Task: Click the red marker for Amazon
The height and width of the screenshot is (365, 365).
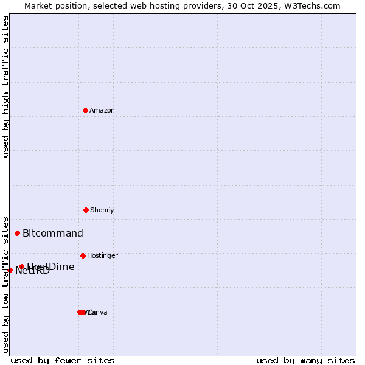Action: pyautogui.click(x=85, y=110)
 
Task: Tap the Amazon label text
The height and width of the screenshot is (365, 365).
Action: pyautogui.click(x=102, y=111)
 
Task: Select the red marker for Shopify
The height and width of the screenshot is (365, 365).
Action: pyautogui.click(x=86, y=210)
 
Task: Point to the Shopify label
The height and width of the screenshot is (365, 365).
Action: pyautogui.click(x=102, y=210)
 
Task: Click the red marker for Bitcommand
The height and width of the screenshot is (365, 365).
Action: pyautogui.click(x=17, y=233)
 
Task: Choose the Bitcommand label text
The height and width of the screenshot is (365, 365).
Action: pyautogui.click(x=53, y=234)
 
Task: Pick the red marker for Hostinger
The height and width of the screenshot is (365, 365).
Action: pyautogui.click(x=83, y=255)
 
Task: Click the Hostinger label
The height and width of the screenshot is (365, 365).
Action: pyautogui.click(x=102, y=256)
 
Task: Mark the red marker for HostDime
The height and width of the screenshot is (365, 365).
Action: pyautogui.click(x=21, y=266)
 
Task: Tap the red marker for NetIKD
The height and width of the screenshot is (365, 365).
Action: pyautogui.click(x=10, y=270)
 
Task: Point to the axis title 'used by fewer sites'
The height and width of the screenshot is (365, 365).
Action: pyautogui.click(x=63, y=360)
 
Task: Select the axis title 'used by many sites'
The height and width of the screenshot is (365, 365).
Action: pyautogui.click(x=305, y=360)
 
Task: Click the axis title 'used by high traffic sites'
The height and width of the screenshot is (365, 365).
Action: pyautogui.click(x=5, y=86)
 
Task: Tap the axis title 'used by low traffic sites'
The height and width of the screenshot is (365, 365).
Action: pyautogui.click(x=5, y=284)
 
